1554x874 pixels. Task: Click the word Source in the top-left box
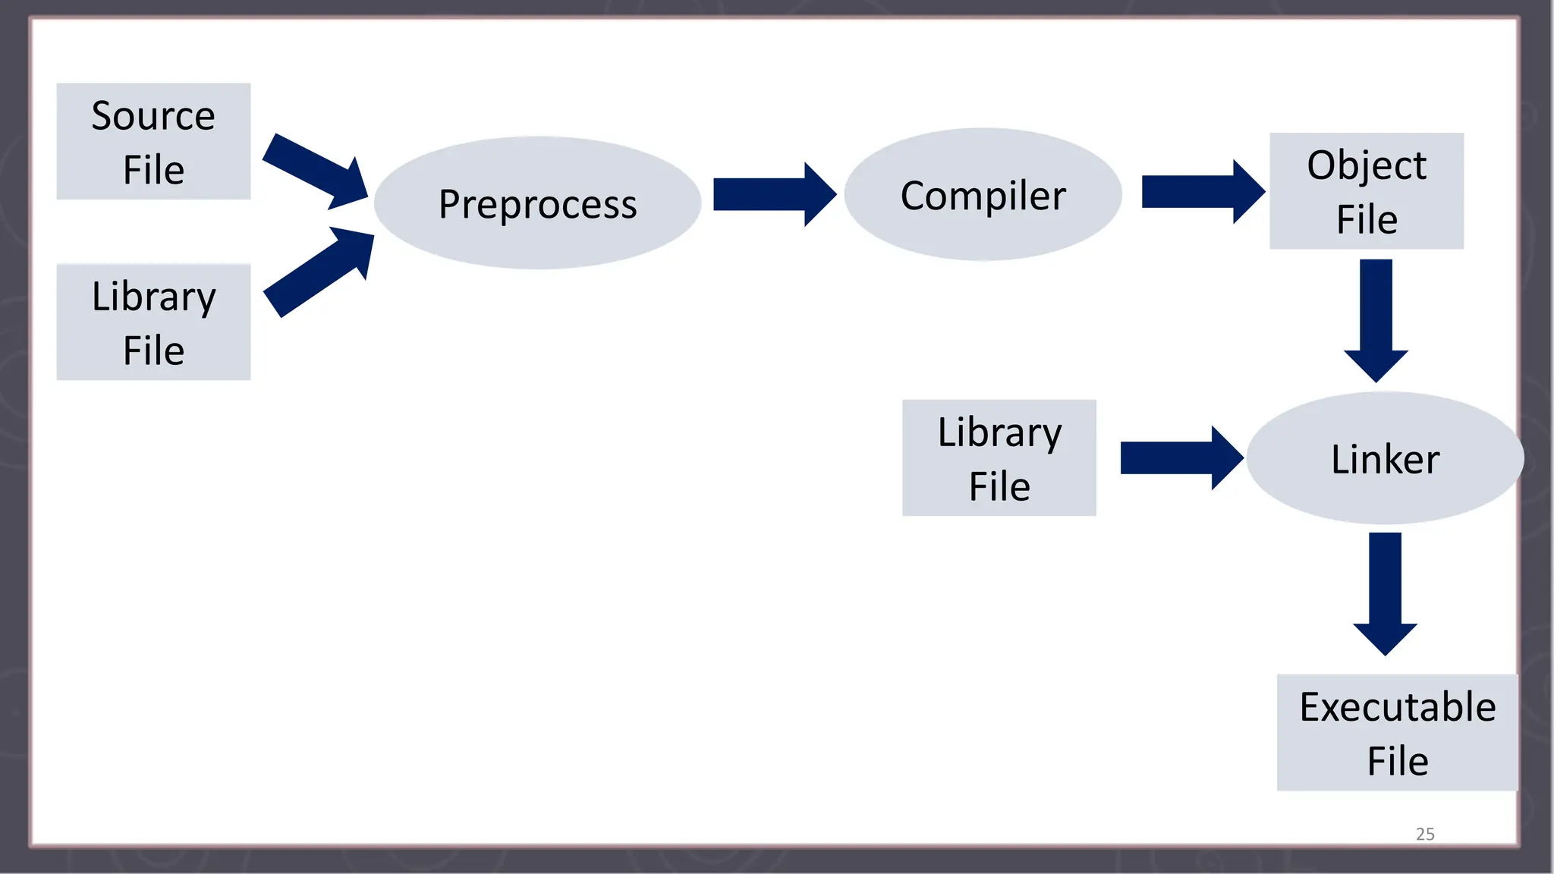click(x=153, y=116)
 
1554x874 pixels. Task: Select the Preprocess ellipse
click(x=537, y=203)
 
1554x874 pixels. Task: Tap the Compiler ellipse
click(x=983, y=195)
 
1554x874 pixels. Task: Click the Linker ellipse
click(x=1385, y=459)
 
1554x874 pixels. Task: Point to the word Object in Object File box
click(x=1367, y=165)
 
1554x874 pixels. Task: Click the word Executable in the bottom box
click(x=1398, y=707)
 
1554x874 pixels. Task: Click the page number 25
click(x=1425, y=834)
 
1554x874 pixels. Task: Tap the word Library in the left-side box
click(x=154, y=297)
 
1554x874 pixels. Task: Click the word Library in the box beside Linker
click(x=999, y=433)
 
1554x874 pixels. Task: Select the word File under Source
click(x=153, y=170)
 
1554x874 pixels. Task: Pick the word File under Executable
click(x=1398, y=761)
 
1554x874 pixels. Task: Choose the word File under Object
click(x=1367, y=220)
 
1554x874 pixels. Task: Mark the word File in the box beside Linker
click(x=999, y=486)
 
